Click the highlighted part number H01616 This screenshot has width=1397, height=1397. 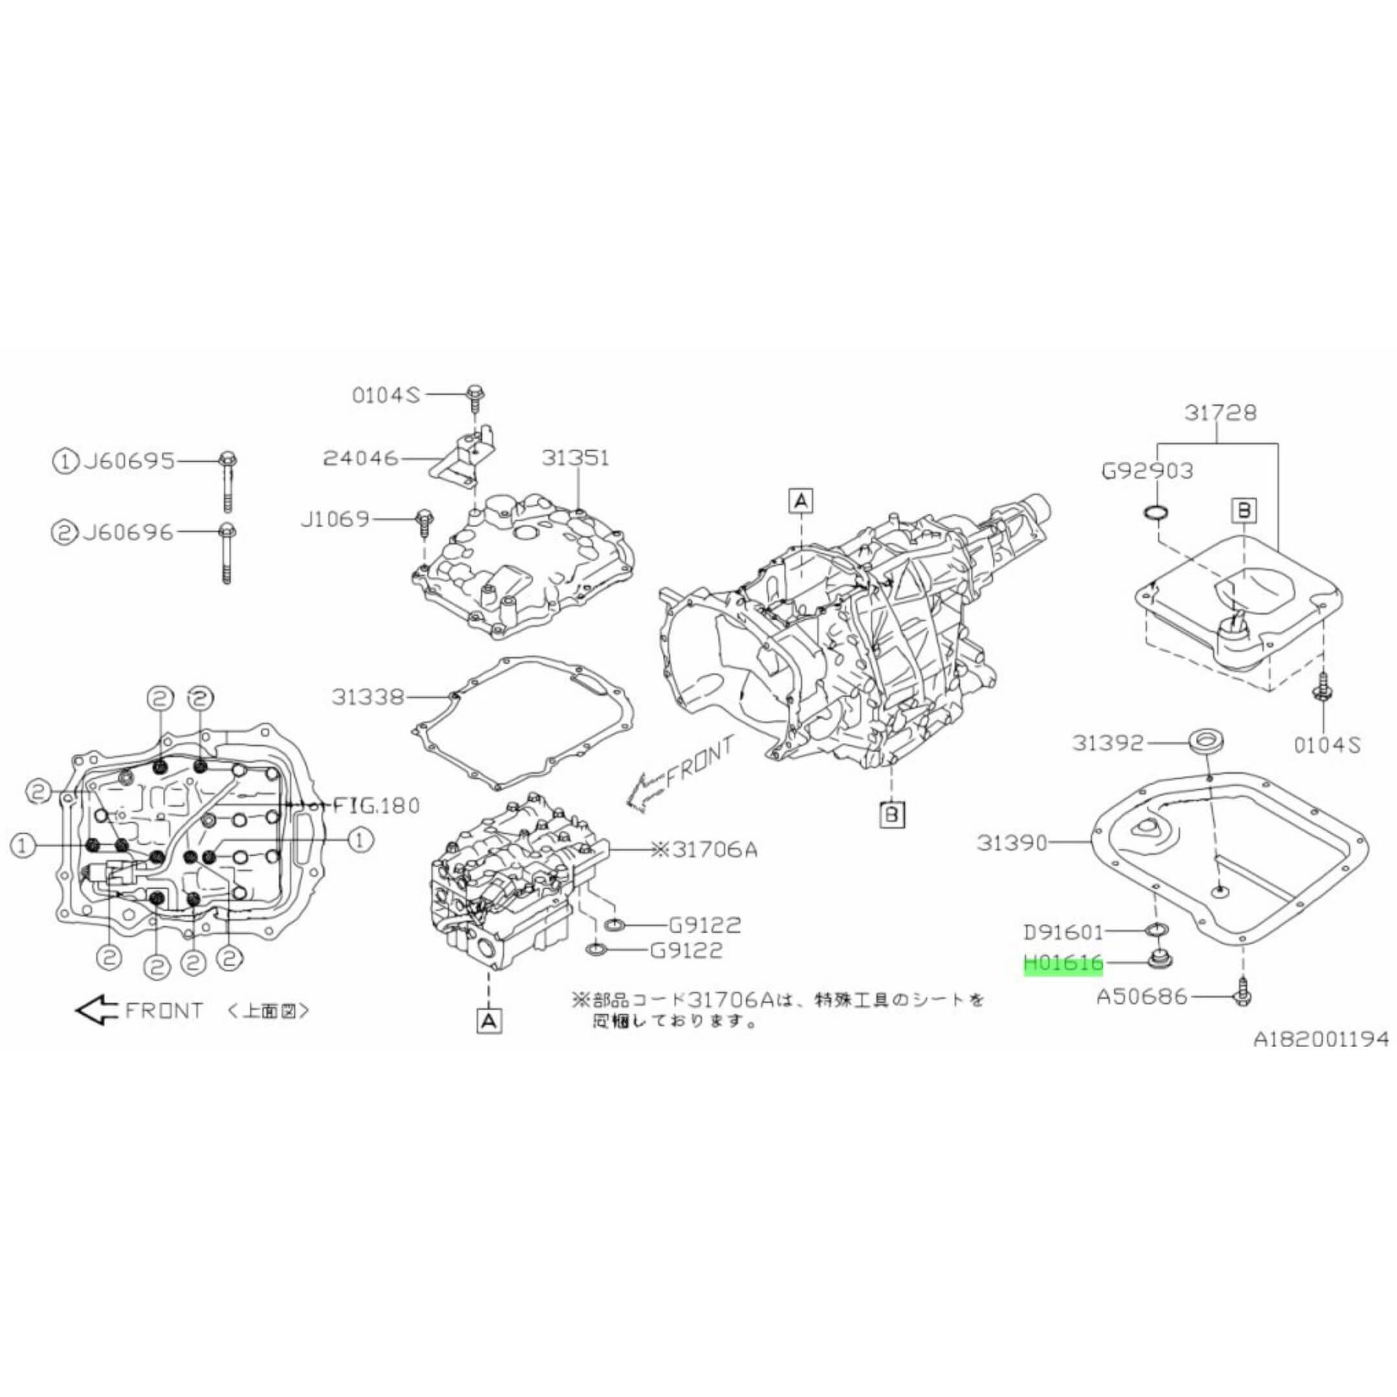1063,964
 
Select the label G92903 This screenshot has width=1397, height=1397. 1147,471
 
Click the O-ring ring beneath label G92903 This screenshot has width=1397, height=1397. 1154,513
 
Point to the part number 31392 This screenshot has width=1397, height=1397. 1108,742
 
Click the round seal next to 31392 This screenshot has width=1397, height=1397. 1205,742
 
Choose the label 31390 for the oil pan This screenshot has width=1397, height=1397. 1013,842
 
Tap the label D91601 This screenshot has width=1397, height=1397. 1063,932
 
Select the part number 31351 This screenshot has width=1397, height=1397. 576,458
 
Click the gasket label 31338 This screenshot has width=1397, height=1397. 368,698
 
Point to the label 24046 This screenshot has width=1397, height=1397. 360,458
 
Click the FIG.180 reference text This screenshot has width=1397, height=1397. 376,805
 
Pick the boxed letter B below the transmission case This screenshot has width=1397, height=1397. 892,815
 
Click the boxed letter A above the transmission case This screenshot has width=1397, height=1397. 801,501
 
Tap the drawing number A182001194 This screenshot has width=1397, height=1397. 1320,1039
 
